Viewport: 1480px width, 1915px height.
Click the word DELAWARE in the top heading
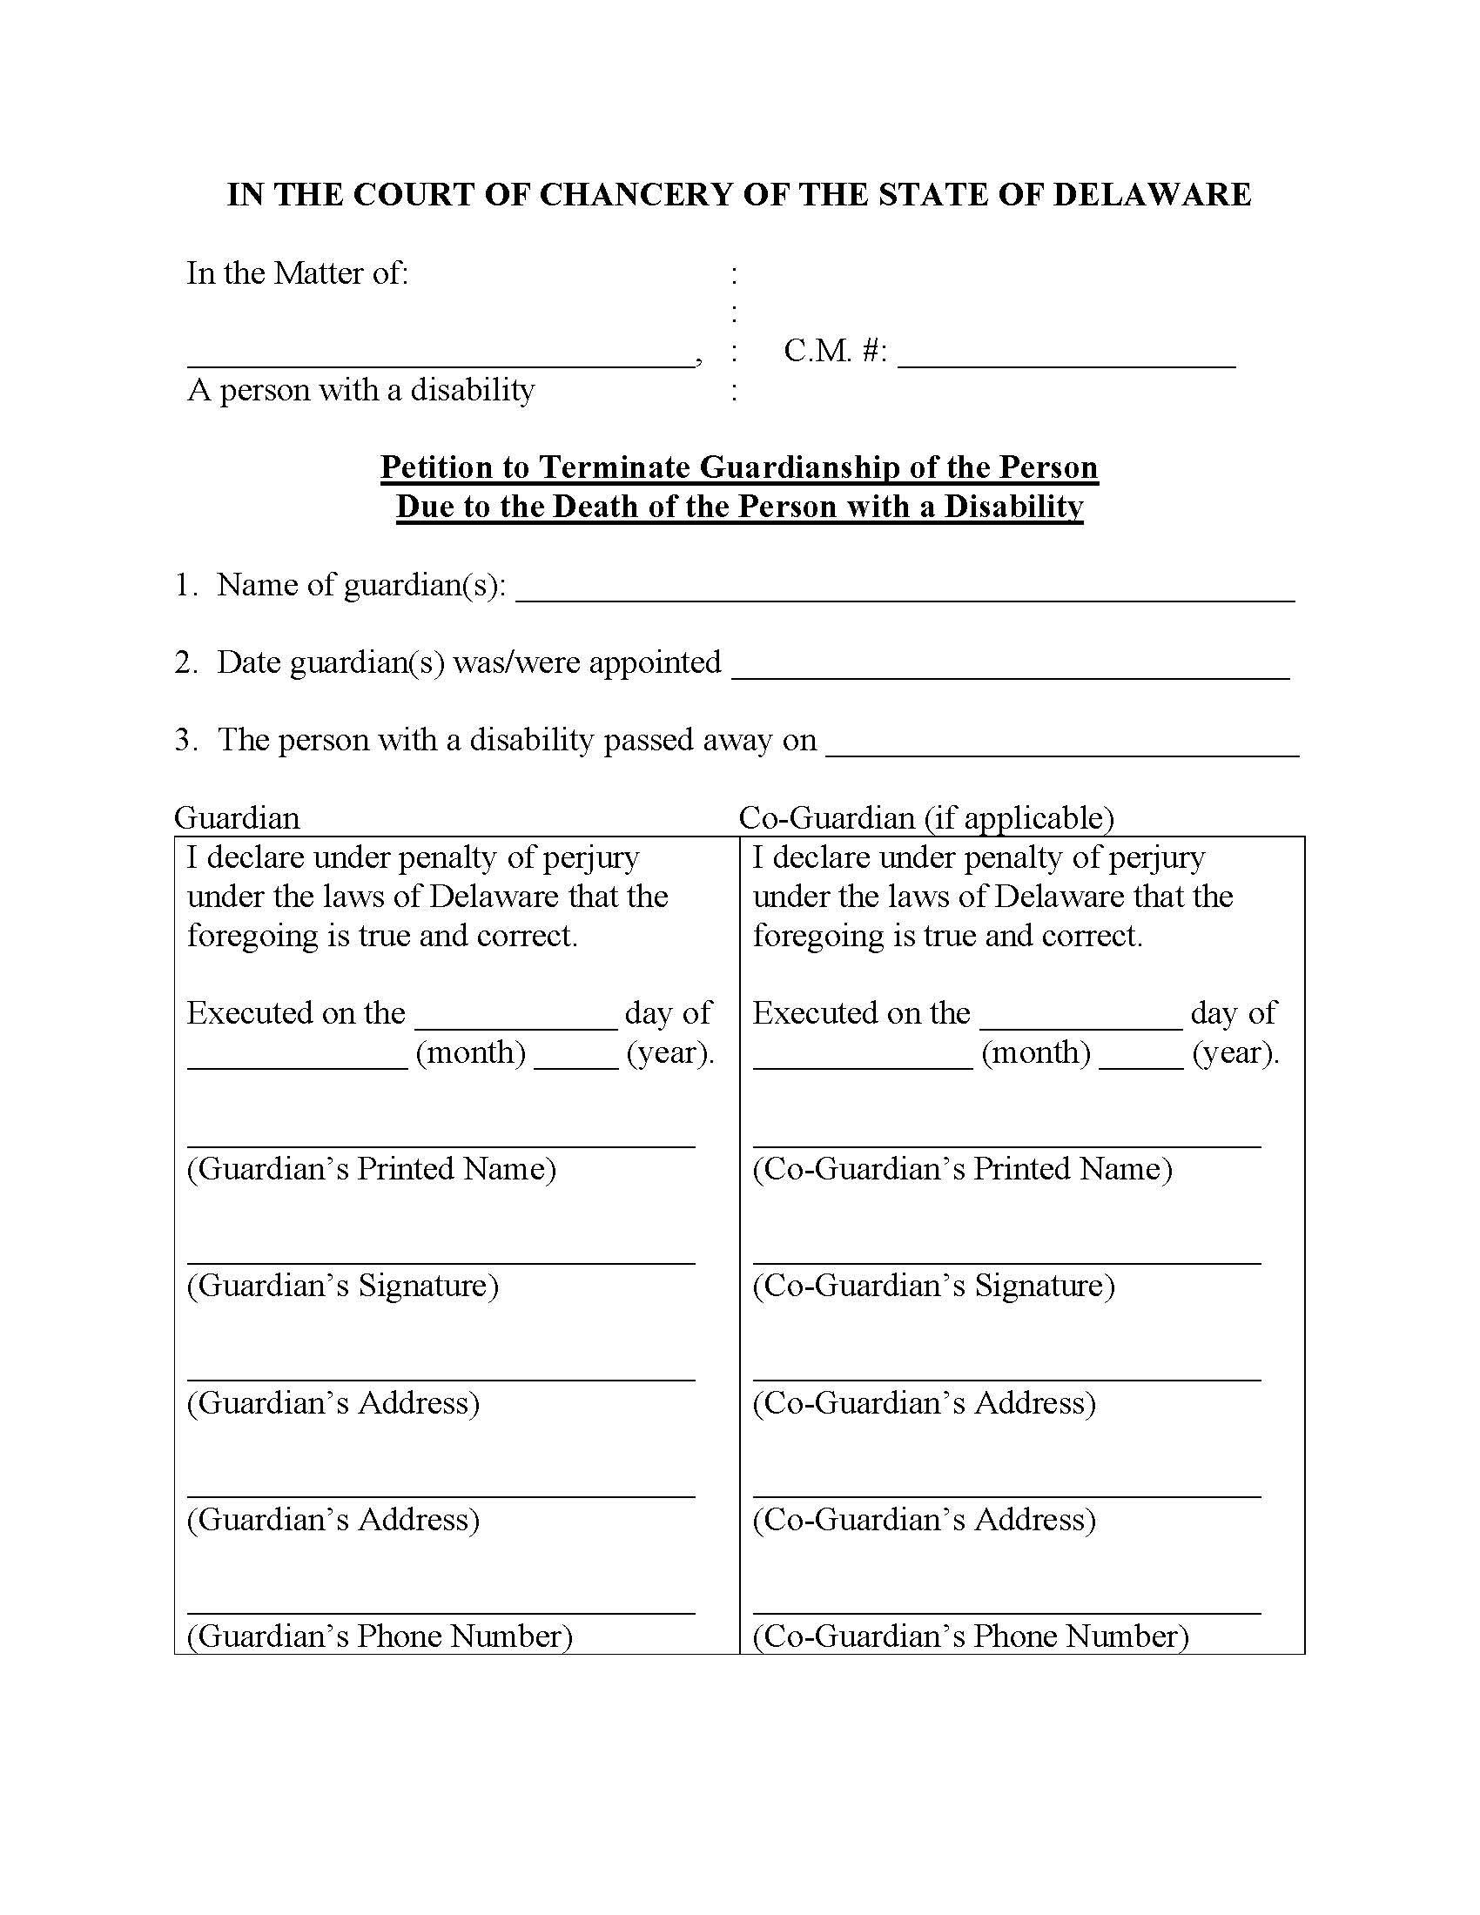point(1151,195)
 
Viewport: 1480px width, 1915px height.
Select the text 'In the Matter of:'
point(297,273)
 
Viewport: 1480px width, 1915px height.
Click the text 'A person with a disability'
point(360,390)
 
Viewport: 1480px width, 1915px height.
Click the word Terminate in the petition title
point(614,467)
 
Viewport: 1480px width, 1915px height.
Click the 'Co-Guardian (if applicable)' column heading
point(926,818)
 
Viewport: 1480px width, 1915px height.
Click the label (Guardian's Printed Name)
point(371,1169)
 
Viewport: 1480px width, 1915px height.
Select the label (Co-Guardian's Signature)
point(933,1286)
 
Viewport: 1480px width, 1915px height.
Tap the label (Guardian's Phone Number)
point(379,1636)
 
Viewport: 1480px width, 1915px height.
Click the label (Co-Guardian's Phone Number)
point(970,1636)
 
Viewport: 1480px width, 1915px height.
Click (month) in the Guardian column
point(470,1052)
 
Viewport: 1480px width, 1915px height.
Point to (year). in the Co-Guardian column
point(1235,1052)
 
